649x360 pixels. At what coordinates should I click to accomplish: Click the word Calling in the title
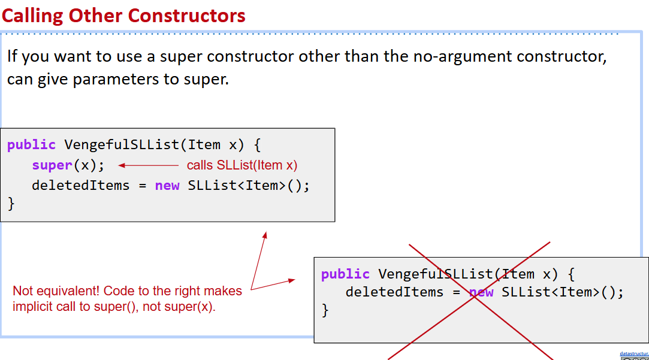pos(33,15)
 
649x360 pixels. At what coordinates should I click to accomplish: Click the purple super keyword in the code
pos(52,165)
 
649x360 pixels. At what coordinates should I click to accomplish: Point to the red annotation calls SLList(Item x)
pos(242,165)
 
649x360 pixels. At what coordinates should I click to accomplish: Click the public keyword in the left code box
pos(31,145)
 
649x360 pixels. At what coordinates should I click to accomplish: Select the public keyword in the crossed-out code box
pos(345,274)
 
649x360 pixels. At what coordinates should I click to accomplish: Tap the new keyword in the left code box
pos(167,186)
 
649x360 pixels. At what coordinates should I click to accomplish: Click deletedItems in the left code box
pos(81,186)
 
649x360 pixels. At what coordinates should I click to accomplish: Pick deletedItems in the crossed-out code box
pos(394,292)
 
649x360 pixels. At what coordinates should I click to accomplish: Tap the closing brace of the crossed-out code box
pos(325,310)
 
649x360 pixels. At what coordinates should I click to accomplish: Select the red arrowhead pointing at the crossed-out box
pos(292,280)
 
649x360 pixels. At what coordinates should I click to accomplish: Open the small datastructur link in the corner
pos(634,354)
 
